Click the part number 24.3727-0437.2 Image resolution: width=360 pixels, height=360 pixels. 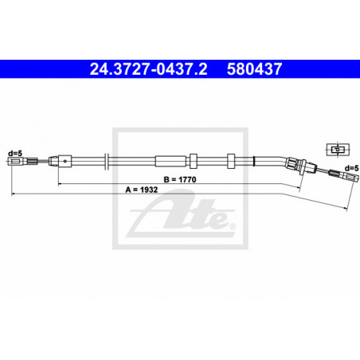[x=148, y=69]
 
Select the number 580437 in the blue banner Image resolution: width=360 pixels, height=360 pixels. [x=254, y=69]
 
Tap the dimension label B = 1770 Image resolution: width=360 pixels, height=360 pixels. [x=180, y=180]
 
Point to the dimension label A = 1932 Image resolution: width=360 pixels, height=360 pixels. [x=142, y=190]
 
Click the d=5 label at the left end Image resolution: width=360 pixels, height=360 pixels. [x=15, y=153]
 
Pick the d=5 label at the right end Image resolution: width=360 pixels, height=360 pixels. [x=351, y=168]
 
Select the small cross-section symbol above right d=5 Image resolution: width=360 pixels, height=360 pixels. [x=338, y=150]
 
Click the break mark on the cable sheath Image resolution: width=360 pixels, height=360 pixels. [x=106, y=161]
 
